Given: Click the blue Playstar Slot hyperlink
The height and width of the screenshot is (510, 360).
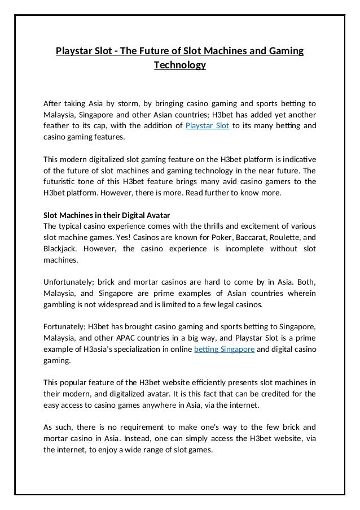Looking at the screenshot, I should click(x=207, y=125).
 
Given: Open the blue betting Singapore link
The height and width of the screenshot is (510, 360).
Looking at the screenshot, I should click(x=225, y=350).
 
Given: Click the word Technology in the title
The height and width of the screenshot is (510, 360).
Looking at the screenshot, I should click(x=180, y=66).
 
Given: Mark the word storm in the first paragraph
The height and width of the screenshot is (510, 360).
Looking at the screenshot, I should click(x=128, y=103).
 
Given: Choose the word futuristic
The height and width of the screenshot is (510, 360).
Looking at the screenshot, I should click(x=63, y=181).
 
